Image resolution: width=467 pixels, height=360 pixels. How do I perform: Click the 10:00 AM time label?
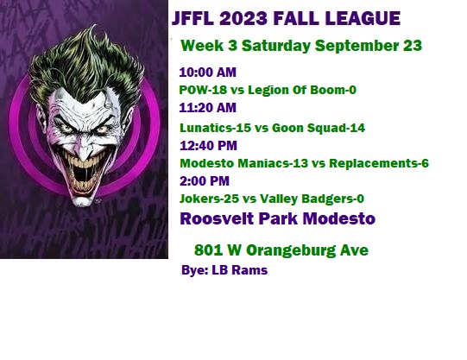point(207,73)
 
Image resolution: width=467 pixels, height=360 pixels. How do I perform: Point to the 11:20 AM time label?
point(207,108)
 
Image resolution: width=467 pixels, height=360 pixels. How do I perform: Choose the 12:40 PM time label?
point(208,146)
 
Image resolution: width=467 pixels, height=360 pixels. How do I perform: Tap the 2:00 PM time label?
point(205,181)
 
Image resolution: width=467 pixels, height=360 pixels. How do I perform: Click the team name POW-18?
point(203,90)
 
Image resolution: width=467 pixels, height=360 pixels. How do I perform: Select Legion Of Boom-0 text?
point(302,90)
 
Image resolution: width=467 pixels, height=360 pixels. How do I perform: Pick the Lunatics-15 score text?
point(215,128)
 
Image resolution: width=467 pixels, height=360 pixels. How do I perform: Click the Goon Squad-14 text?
point(319,128)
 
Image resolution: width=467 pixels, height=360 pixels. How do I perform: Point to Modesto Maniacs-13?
point(244,163)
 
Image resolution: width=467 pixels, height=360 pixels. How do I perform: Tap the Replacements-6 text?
point(379,163)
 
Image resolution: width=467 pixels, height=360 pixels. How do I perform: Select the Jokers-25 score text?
point(209,199)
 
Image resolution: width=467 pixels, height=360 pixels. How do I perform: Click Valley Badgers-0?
point(312,199)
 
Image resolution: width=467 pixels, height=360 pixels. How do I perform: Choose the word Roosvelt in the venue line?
point(217,218)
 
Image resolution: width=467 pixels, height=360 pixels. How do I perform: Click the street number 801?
point(208,249)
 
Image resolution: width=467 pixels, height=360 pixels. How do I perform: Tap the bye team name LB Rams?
point(239,270)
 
